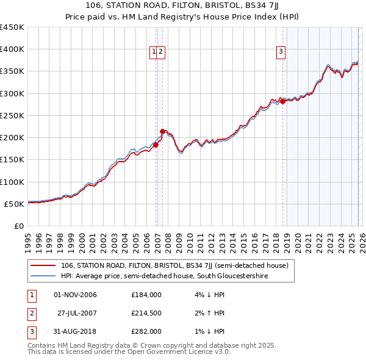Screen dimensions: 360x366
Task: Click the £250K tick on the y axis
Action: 12,115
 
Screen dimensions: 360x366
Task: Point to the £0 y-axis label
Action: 19,226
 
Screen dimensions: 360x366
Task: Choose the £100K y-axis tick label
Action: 12,182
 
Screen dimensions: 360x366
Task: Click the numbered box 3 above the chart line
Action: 281,52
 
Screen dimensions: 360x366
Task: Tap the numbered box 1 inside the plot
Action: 154,52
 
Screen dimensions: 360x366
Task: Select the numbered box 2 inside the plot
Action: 160,52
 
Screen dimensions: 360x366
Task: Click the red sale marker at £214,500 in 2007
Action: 162,131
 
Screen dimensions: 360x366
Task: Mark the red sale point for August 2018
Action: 282,101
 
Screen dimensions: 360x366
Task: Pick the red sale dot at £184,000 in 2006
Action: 156,145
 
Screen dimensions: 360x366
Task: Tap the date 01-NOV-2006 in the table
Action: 75,295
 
